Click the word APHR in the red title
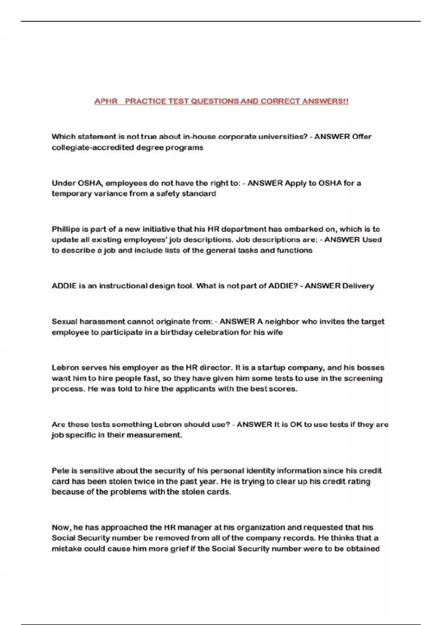106,101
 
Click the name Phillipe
66,229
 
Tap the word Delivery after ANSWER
358,286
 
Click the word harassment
102,322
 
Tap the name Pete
60,471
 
